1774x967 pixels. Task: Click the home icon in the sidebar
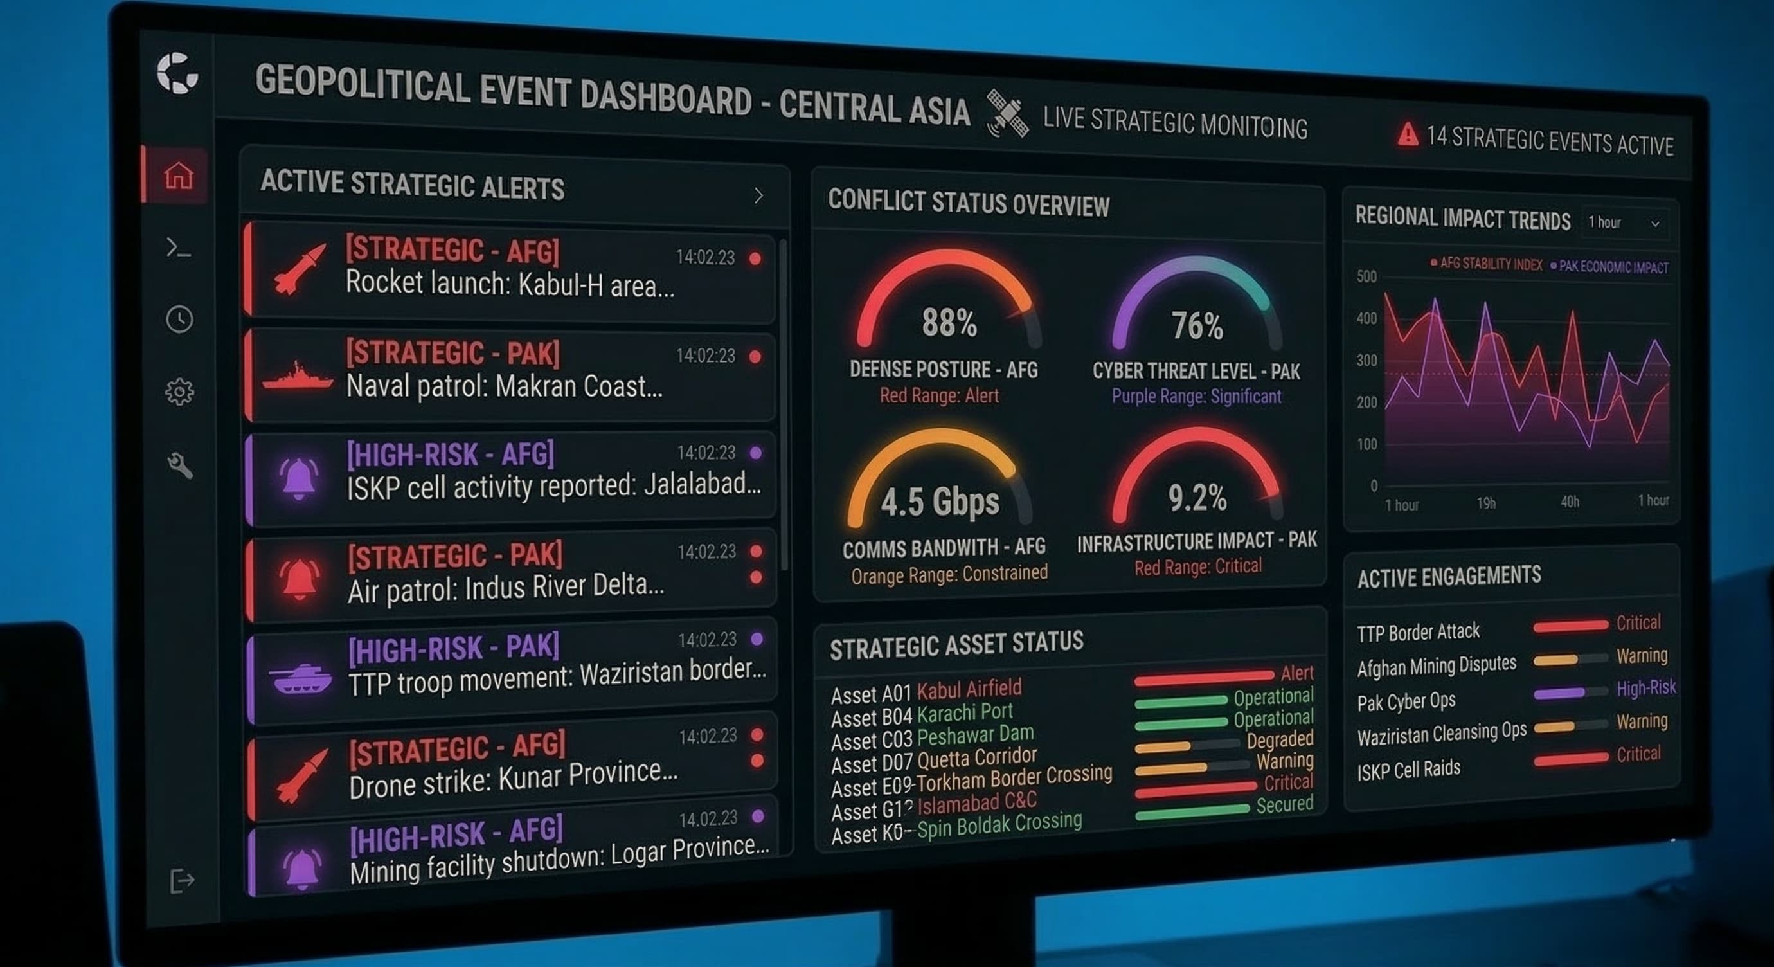pos(179,175)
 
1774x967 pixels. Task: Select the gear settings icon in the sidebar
pos(180,392)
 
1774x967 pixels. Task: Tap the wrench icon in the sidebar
pos(180,465)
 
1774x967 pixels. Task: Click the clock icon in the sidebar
pos(180,320)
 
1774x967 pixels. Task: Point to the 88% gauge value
pos(949,322)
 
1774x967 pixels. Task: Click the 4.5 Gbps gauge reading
pos(939,502)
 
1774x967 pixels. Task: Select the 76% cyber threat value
pos(1197,326)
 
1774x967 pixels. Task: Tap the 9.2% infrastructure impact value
pos(1197,497)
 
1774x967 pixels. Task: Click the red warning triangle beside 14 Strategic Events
pos(1408,134)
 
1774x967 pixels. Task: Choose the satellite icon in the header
pos(1008,114)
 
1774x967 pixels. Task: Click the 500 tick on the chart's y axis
pos(1366,277)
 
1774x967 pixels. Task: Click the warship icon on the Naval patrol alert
pos(298,377)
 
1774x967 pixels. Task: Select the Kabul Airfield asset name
pos(969,689)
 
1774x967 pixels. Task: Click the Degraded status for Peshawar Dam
pos(1280,739)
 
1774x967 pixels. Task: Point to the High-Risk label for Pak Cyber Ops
pos(1646,687)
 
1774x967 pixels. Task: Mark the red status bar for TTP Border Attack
pos(1570,626)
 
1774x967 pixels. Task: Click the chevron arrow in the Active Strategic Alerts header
pos(758,195)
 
